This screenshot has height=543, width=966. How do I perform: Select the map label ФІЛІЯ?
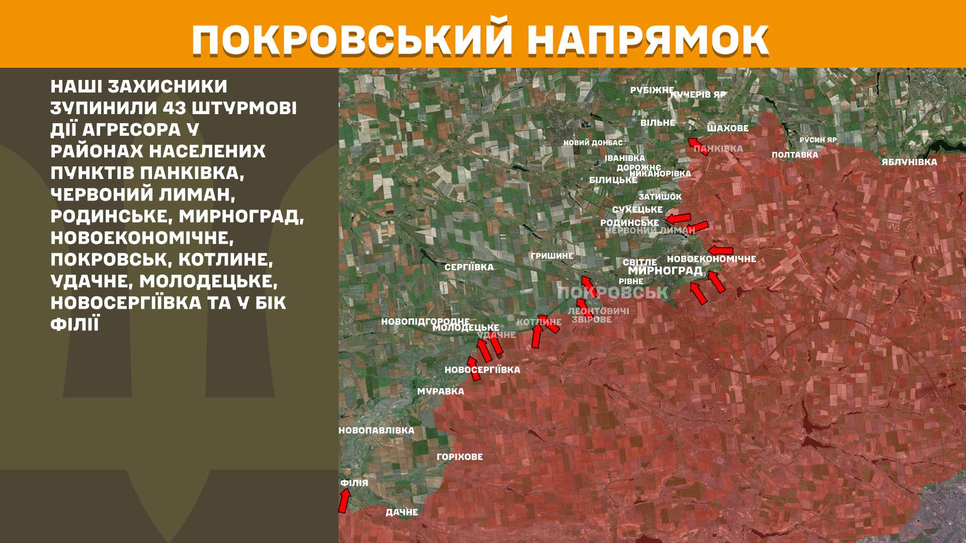pos(354,483)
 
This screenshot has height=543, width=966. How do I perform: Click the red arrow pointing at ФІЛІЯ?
pos(344,501)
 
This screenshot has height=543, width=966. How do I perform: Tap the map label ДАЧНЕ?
pos(401,512)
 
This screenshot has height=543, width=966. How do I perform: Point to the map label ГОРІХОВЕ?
pos(459,457)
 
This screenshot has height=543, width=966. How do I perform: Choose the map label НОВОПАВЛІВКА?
pos(376,430)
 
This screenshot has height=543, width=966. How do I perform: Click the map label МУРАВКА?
pos(440,391)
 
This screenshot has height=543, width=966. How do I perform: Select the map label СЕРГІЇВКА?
pos(469,267)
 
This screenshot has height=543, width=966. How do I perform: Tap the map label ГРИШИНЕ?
pos(551,256)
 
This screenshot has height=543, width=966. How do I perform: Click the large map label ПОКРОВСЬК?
pos(612,293)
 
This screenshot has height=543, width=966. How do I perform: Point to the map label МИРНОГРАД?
pos(665,270)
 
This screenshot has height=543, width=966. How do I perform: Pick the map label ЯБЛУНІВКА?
pos(909,162)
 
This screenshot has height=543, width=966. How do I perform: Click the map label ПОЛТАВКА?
pos(794,155)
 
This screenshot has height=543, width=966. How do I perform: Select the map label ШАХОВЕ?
pos(728,128)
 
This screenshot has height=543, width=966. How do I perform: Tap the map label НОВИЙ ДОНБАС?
pos(593,143)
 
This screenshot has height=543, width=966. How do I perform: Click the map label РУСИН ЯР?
pos(818,140)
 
